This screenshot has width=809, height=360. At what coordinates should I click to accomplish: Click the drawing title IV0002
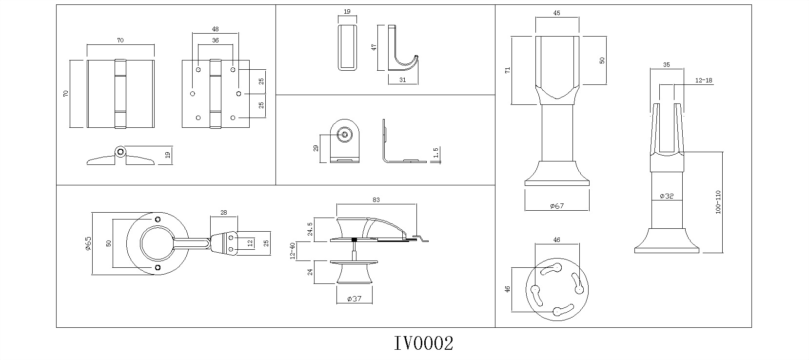[x=423, y=343]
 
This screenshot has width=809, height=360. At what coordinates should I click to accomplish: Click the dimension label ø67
[x=556, y=206]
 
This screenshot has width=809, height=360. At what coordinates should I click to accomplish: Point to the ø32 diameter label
[x=667, y=196]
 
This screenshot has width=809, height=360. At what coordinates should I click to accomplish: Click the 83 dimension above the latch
[x=376, y=200]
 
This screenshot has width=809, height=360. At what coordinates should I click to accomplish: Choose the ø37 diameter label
[x=354, y=299]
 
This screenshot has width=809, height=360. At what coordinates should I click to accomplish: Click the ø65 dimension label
[x=88, y=243]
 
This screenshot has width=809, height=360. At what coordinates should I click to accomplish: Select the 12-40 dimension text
[x=293, y=251]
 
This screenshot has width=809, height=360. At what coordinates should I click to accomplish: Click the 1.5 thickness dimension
[x=436, y=153]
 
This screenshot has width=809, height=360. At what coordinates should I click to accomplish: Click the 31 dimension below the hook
[x=403, y=80]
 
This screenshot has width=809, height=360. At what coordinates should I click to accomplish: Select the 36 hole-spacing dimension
[x=216, y=41]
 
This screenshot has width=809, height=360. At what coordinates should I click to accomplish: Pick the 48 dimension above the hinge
[x=216, y=29]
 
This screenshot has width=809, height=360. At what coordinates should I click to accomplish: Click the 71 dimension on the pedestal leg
[x=507, y=70]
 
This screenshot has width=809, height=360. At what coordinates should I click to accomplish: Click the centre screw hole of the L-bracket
[x=345, y=134]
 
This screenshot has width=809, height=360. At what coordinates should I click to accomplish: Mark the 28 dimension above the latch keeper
[x=224, y=212]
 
